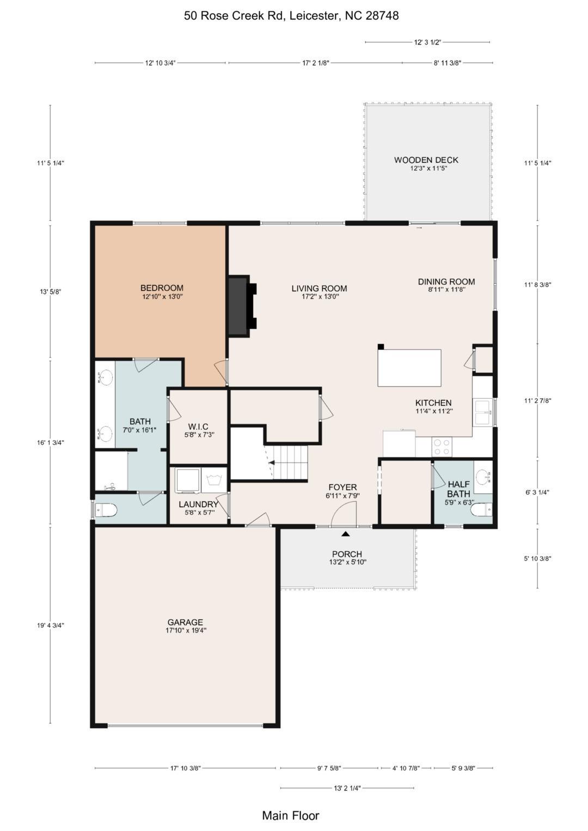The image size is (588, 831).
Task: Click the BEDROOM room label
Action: point(162,287)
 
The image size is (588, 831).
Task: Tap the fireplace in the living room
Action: point(242,306)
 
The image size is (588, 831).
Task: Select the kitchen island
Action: point(409,368)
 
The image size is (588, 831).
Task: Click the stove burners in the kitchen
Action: point(442,447)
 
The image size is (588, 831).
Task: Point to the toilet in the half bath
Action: point(481,510)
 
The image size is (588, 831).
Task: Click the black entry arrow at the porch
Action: point(346,534)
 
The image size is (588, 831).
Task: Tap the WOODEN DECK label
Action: point(426,160)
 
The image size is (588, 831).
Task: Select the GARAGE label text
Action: point(185,622)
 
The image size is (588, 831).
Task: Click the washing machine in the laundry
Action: point(187,479)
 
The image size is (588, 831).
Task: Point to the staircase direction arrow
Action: point(271,463)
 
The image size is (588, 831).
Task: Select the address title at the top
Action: point(291,16)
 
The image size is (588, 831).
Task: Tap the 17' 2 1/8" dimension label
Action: point(316,63)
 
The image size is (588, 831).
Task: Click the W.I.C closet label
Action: point(198,427)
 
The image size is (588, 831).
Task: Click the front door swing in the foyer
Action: point(344,512)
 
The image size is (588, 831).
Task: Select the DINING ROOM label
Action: point(446,281)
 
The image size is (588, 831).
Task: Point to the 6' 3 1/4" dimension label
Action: point(537,493)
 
